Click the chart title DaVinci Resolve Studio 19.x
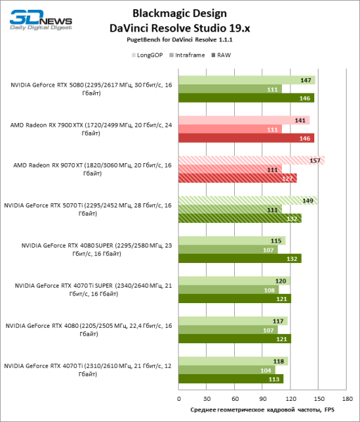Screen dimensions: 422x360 click(x=181, y=28)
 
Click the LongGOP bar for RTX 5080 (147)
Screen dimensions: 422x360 click(x=246, y=80)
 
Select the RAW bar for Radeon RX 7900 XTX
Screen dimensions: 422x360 click(x=245, y=139)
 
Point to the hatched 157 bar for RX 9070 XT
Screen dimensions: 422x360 click(x=250, y=160)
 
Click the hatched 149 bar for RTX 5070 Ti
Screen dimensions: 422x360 click(x=247, y=200)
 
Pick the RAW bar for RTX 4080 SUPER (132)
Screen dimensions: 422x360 click(x=239, y=258)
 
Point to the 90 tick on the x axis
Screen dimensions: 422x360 click(x=262, y=395)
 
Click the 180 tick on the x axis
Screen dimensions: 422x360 click(x=346, y=395)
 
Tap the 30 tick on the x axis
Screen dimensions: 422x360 click(x=206, y=395)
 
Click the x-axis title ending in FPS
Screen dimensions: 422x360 click(x=262, y=409)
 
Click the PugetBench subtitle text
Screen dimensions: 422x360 click(x=181, y=41)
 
